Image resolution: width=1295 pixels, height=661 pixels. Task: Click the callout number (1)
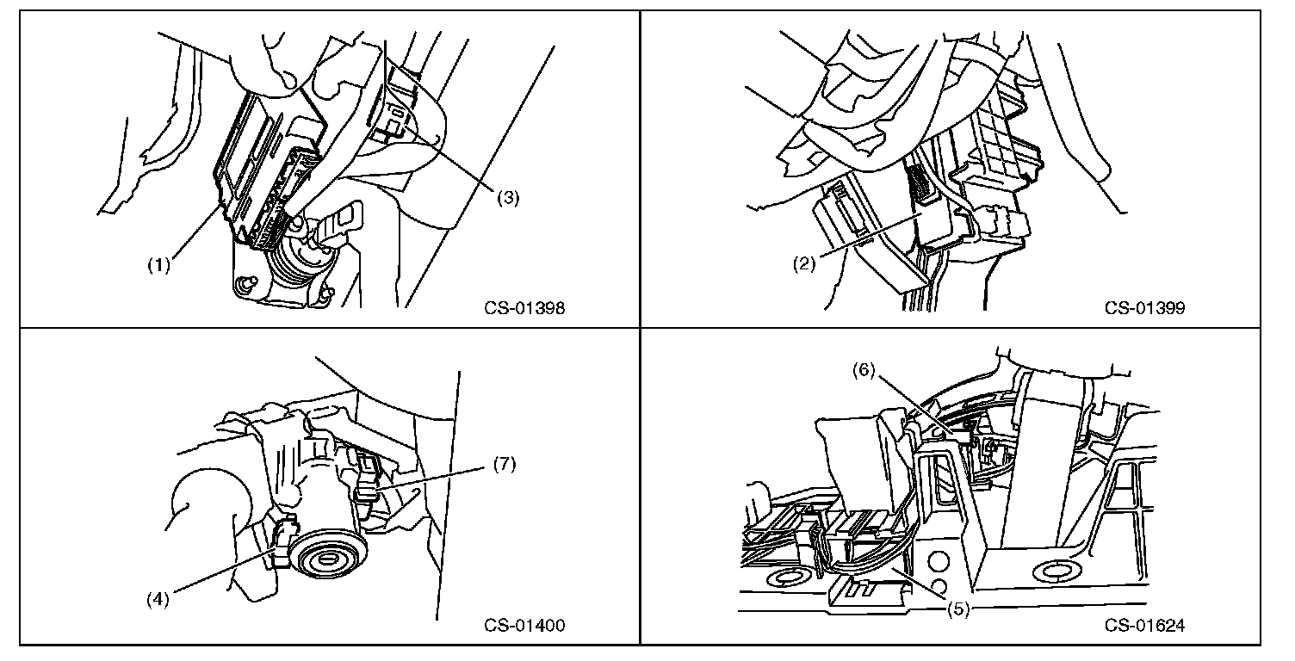[x=158, y=265]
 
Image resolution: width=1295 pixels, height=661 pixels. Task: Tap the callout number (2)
[x=804, y=264]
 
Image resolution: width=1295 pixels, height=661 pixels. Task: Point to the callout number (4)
[x=158, y=598]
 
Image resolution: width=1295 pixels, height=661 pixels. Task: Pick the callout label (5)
[x=958, y=609]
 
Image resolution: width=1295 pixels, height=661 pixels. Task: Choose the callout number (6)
[x=864, y=371]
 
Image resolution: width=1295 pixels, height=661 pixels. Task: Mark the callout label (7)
[x=505, y=465]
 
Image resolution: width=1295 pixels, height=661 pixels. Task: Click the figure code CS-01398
[x=524, y=309]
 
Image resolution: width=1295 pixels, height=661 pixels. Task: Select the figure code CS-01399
[x=1144, y=309]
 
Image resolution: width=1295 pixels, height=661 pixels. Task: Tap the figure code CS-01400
[x=524, y=626]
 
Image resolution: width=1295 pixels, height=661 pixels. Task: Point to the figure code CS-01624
[x=1144, y=626]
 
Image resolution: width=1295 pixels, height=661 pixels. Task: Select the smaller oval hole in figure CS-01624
[x=784, y=578]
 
